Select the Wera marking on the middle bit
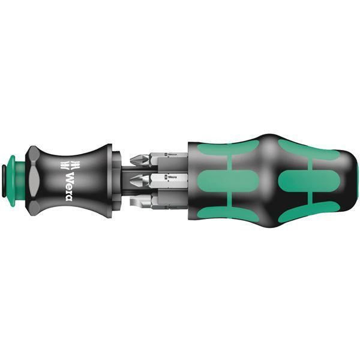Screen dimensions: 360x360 (172, 178)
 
